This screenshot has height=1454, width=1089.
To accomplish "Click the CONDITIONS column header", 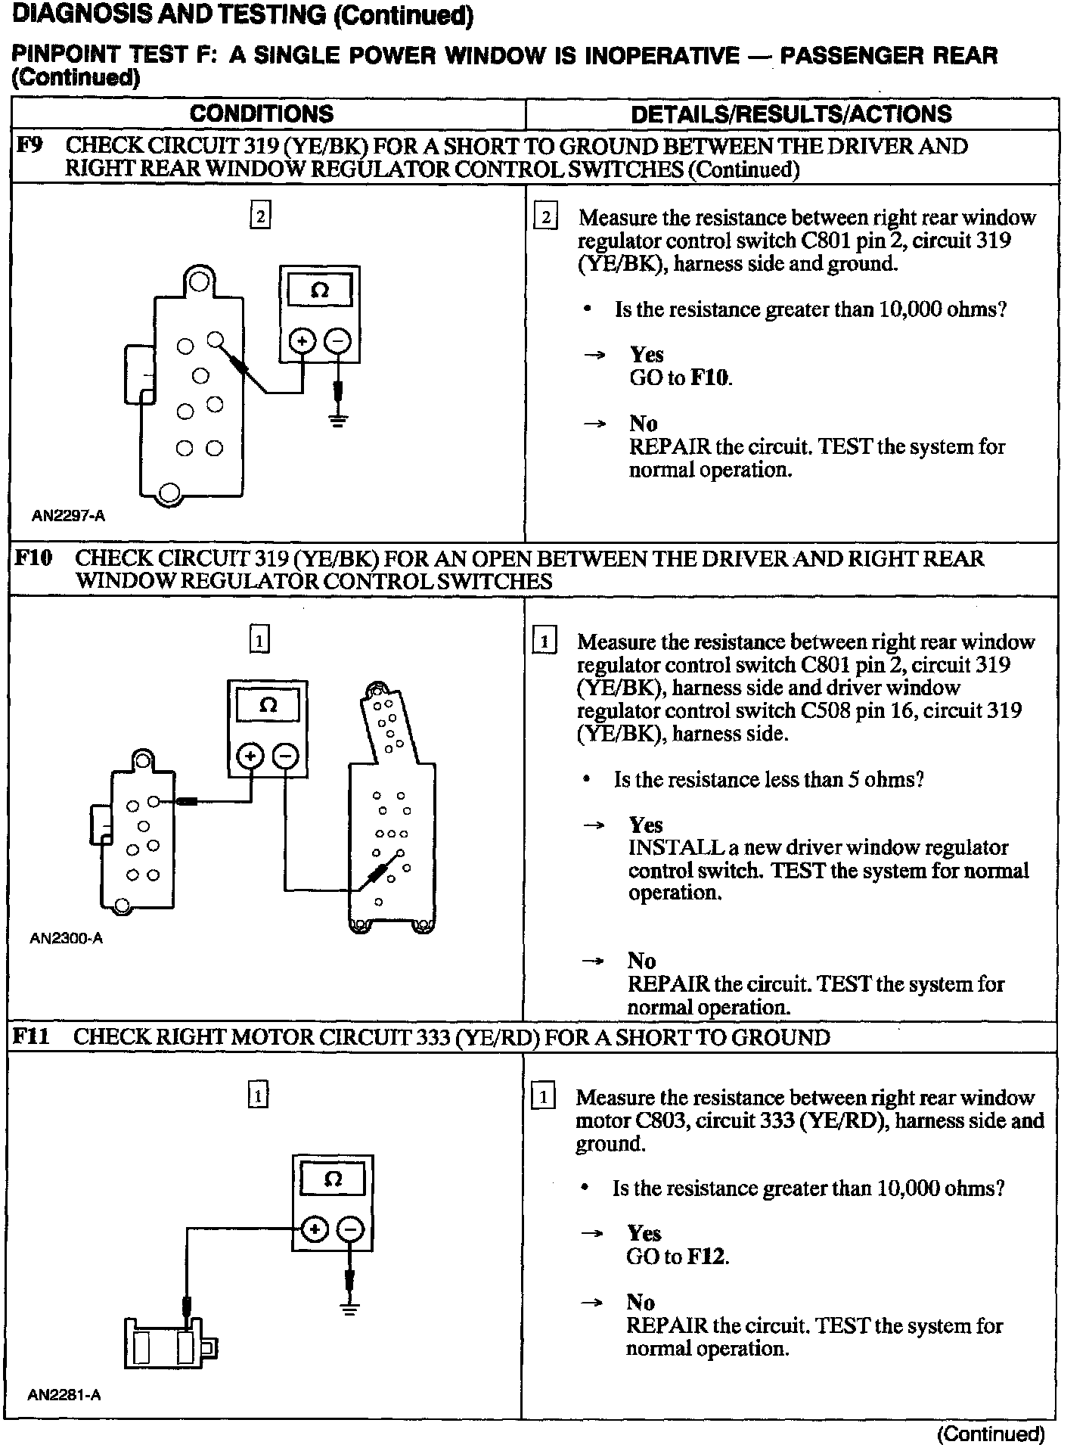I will click(261, 114).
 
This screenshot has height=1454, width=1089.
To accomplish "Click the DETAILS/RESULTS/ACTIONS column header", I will click(790, 114).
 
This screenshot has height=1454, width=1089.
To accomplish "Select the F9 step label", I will click(29, 145).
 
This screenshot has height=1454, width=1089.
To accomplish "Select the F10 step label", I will click(33, 558).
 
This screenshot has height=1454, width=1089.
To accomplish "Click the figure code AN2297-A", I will click(68, 517).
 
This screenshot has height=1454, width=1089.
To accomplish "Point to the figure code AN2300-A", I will click(67, 939).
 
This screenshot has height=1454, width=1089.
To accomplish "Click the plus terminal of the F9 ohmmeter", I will click(302, 342).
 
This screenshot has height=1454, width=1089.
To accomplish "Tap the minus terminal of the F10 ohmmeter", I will click(286, 756).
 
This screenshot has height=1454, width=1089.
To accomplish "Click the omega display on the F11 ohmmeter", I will click(333, 1179).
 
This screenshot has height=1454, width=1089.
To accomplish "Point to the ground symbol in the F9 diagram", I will click(338, 420).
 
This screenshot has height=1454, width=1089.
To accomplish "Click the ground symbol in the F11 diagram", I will click(349, 1310).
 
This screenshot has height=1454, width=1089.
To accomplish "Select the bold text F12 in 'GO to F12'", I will click(707, 1257).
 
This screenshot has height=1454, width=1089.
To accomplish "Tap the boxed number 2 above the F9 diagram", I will click(259, 217).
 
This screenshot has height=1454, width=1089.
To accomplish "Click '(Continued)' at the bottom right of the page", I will click(991, 1434).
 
